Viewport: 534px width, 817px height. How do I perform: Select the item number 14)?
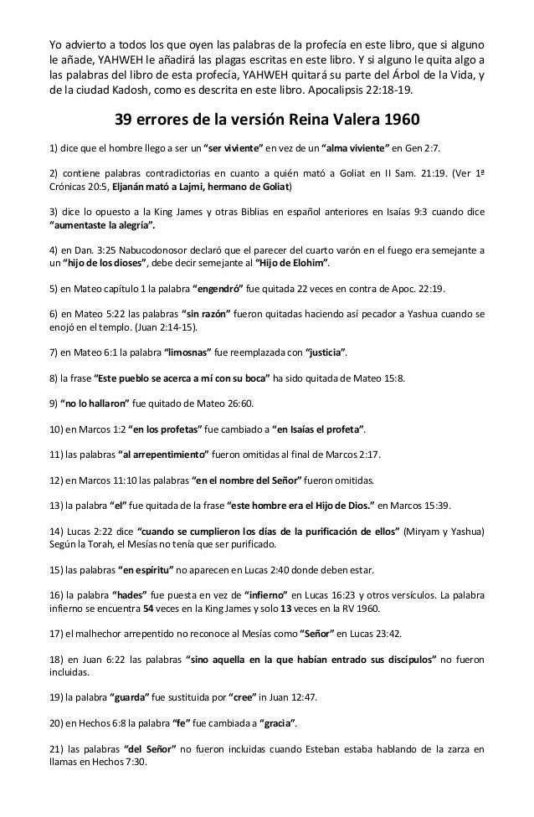pyautogui.click(x=58, y=531)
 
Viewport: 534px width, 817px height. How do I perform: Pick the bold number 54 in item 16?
pyautogui.click(x=147, y=608)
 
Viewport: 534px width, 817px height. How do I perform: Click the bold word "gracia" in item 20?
pyautogui.click(x=282, y=721)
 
